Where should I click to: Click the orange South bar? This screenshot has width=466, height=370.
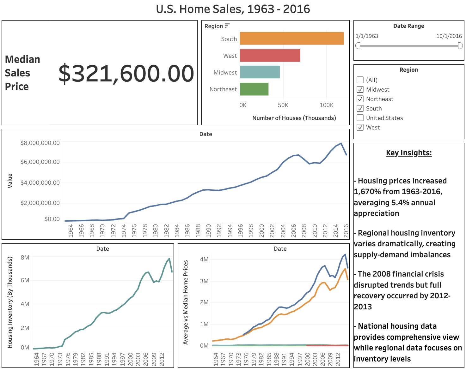pyautogui.click(x=291, y=39)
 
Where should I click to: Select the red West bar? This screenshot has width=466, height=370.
pyautogui.click(x=270, y=56)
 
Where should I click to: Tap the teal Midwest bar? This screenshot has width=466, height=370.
pyautogui.click(x=260, y=72)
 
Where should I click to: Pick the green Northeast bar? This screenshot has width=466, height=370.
pyautogui.click(x=254, y=89)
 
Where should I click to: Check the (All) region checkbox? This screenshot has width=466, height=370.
pyautogui.click(x=360, y=80)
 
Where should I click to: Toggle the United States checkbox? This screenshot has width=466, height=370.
pyautogui.click(x=360, y=118)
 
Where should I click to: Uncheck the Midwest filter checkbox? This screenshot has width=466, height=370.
pyautogui.click(x=360, y=89)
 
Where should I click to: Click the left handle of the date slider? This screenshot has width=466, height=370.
pyautogui.click(x=358, y=46)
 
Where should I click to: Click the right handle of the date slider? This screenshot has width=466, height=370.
pyautogui.click(x=460, y=46)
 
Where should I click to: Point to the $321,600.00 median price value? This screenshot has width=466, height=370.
pyautogui.click(x=126, y=73)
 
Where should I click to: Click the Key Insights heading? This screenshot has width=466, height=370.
pyautogui.click(x=409, y=153)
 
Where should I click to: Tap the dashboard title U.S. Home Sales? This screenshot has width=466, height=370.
pyautogui.click(x=233, y=9)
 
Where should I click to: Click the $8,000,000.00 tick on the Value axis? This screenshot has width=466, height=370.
pyautogui.click(x=40, y=143)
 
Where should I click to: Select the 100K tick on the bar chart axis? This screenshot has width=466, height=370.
pyautogui.click(x=326, y=105)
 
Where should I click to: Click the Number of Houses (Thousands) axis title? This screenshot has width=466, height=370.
pyautogui.click(x=294, y=118)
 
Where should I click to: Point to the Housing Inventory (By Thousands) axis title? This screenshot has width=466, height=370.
pyautogui.click(x=10, y=302)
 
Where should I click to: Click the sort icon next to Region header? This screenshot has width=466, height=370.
pyautogui.click(x=227, y=26)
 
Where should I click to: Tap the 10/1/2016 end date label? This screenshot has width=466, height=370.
pyautogui.click(x=449, y=36)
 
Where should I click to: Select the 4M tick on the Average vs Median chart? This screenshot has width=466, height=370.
pyautogui.click(x=204, y=260)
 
